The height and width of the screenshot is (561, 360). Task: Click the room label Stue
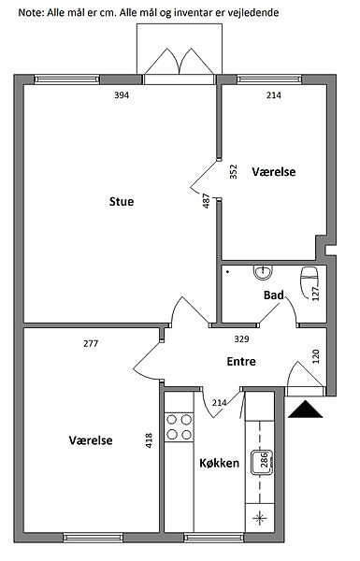pyautogui.click(x=122, y=201)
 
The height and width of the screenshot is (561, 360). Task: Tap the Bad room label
pyautogui.click(x=274, y=295)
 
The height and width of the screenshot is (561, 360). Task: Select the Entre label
pyautogui.click(x=241, y=361)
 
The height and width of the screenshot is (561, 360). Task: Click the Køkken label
pyautogui.click(x=219, y=463)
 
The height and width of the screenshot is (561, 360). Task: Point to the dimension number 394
pyautogui.click(x=122, y=94)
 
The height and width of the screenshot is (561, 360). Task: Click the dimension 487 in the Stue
pyautogui.click(x=206, y=201)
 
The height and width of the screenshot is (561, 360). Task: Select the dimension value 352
pyautogui.click(x=233, y=171)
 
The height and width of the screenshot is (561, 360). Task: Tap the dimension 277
pyautogui.click(x=91, y=343)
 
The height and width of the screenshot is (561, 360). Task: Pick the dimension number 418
pyautogui.click(x=149, y=440)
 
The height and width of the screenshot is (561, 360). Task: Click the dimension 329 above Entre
pyautogui.click(x=241, y=338)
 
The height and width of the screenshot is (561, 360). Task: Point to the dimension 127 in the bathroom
pyautogui.click(x=316, y=294)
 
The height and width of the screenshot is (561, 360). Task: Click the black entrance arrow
pyautogui.click(x=305, y=410)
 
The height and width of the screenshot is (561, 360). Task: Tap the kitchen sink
pyautogui.click(x=262, y=462)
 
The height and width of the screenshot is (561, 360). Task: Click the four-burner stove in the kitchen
pyautogui.click(x=179, y=427)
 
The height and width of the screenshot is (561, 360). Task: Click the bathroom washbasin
pyautogui.click(x=264, y=272)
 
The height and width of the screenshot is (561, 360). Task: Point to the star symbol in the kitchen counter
pyautogui.click(x=260, y=518)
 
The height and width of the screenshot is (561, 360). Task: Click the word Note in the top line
pyautogui.click(x=30, y=13)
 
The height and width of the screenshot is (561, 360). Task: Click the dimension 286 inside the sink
pyautogui.click(x=264, y=460)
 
